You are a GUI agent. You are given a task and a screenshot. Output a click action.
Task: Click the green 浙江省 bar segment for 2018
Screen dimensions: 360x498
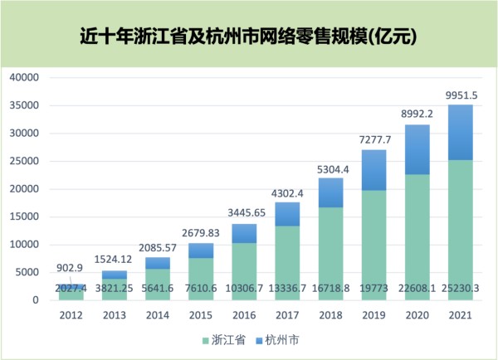[330, 249]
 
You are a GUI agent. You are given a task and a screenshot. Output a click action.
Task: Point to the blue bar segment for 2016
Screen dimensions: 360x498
[244, 233]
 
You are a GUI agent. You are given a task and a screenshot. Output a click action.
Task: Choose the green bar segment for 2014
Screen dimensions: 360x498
[158, 280]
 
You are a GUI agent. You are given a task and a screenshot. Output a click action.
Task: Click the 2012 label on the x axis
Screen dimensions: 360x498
[71, 315]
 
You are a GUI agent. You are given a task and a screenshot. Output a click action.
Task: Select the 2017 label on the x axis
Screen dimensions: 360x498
[287, 315]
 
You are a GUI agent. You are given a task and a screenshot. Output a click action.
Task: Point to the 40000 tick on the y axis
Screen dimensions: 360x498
[27, 78]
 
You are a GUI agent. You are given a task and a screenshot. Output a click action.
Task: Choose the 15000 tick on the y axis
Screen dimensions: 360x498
[27, 216]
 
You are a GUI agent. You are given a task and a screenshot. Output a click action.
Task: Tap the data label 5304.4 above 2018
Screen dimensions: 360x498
[331, 169]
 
